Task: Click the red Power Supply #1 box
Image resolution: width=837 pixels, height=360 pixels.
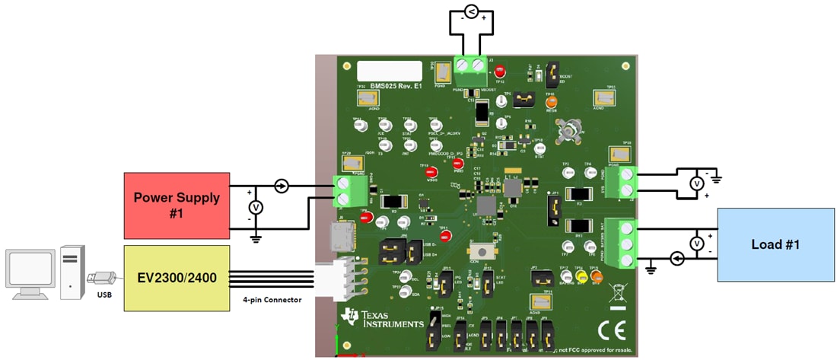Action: pyautogui.click(x=177, y=205)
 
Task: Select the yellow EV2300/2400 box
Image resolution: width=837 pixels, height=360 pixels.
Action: pyautogui.click(x=177, y=278)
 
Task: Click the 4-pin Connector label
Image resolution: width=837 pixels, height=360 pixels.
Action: pyautogui.click(x=271, y=300)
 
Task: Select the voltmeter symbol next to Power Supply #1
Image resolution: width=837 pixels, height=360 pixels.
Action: pyautogui.click(x=256, y=207)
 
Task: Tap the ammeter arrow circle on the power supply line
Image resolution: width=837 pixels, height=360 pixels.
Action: pyautogui.click(x=282, y=186)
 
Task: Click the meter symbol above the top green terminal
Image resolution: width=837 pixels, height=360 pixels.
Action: pyautogui.click(x=471, y=11)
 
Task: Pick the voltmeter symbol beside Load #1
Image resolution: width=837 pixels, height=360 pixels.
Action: pyautogui.click(x=695, y=244)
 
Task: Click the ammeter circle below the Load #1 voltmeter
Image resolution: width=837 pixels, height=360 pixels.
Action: pyautogui.click(x=677, y=260)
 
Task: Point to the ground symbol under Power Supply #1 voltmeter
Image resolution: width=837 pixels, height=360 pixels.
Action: pyautogui.click(x=256, y=238)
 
